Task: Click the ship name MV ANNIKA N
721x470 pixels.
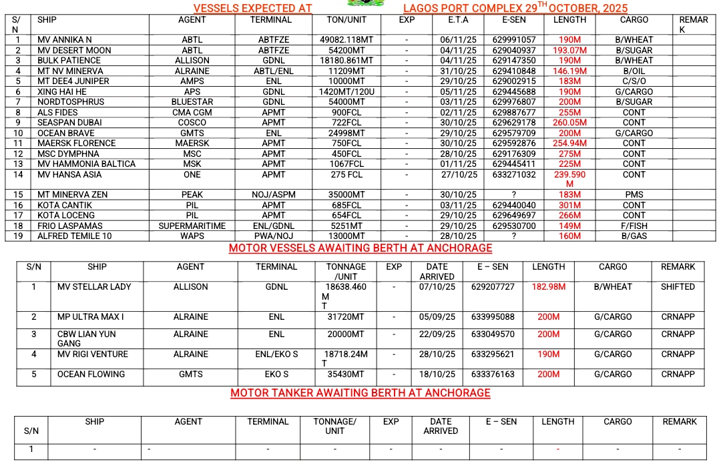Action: click(x=65, y=40)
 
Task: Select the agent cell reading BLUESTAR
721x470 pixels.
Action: click(x=192, y=102)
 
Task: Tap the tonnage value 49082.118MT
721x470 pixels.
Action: click(x=346, y=40)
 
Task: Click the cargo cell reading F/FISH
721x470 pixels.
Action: click(x=634, y=226)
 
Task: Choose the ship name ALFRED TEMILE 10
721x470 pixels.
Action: click(x=75, y=236)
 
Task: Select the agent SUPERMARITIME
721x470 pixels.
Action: click(x=192, y=226)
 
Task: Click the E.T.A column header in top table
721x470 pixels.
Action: click(x=459, y=20)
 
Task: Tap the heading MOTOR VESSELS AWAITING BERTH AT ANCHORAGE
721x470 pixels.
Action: click(x=360, y=248)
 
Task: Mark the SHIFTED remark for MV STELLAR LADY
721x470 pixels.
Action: click(x=678, y=287)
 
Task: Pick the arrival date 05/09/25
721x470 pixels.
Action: click(x=437, y=317)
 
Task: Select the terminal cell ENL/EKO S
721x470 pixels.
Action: click(x=276, y=355)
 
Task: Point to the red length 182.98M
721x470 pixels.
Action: click(x=549, y=287)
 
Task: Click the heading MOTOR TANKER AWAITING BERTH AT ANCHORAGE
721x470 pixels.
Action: click(x=360, y=393)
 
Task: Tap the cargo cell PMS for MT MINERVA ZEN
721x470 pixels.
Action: click(x=634, y=195)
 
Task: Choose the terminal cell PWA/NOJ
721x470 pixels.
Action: click(x=273, y=236)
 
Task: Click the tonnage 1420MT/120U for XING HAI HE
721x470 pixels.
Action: click(x=346, y=92)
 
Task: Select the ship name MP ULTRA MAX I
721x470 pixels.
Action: click(x=91, y=317)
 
